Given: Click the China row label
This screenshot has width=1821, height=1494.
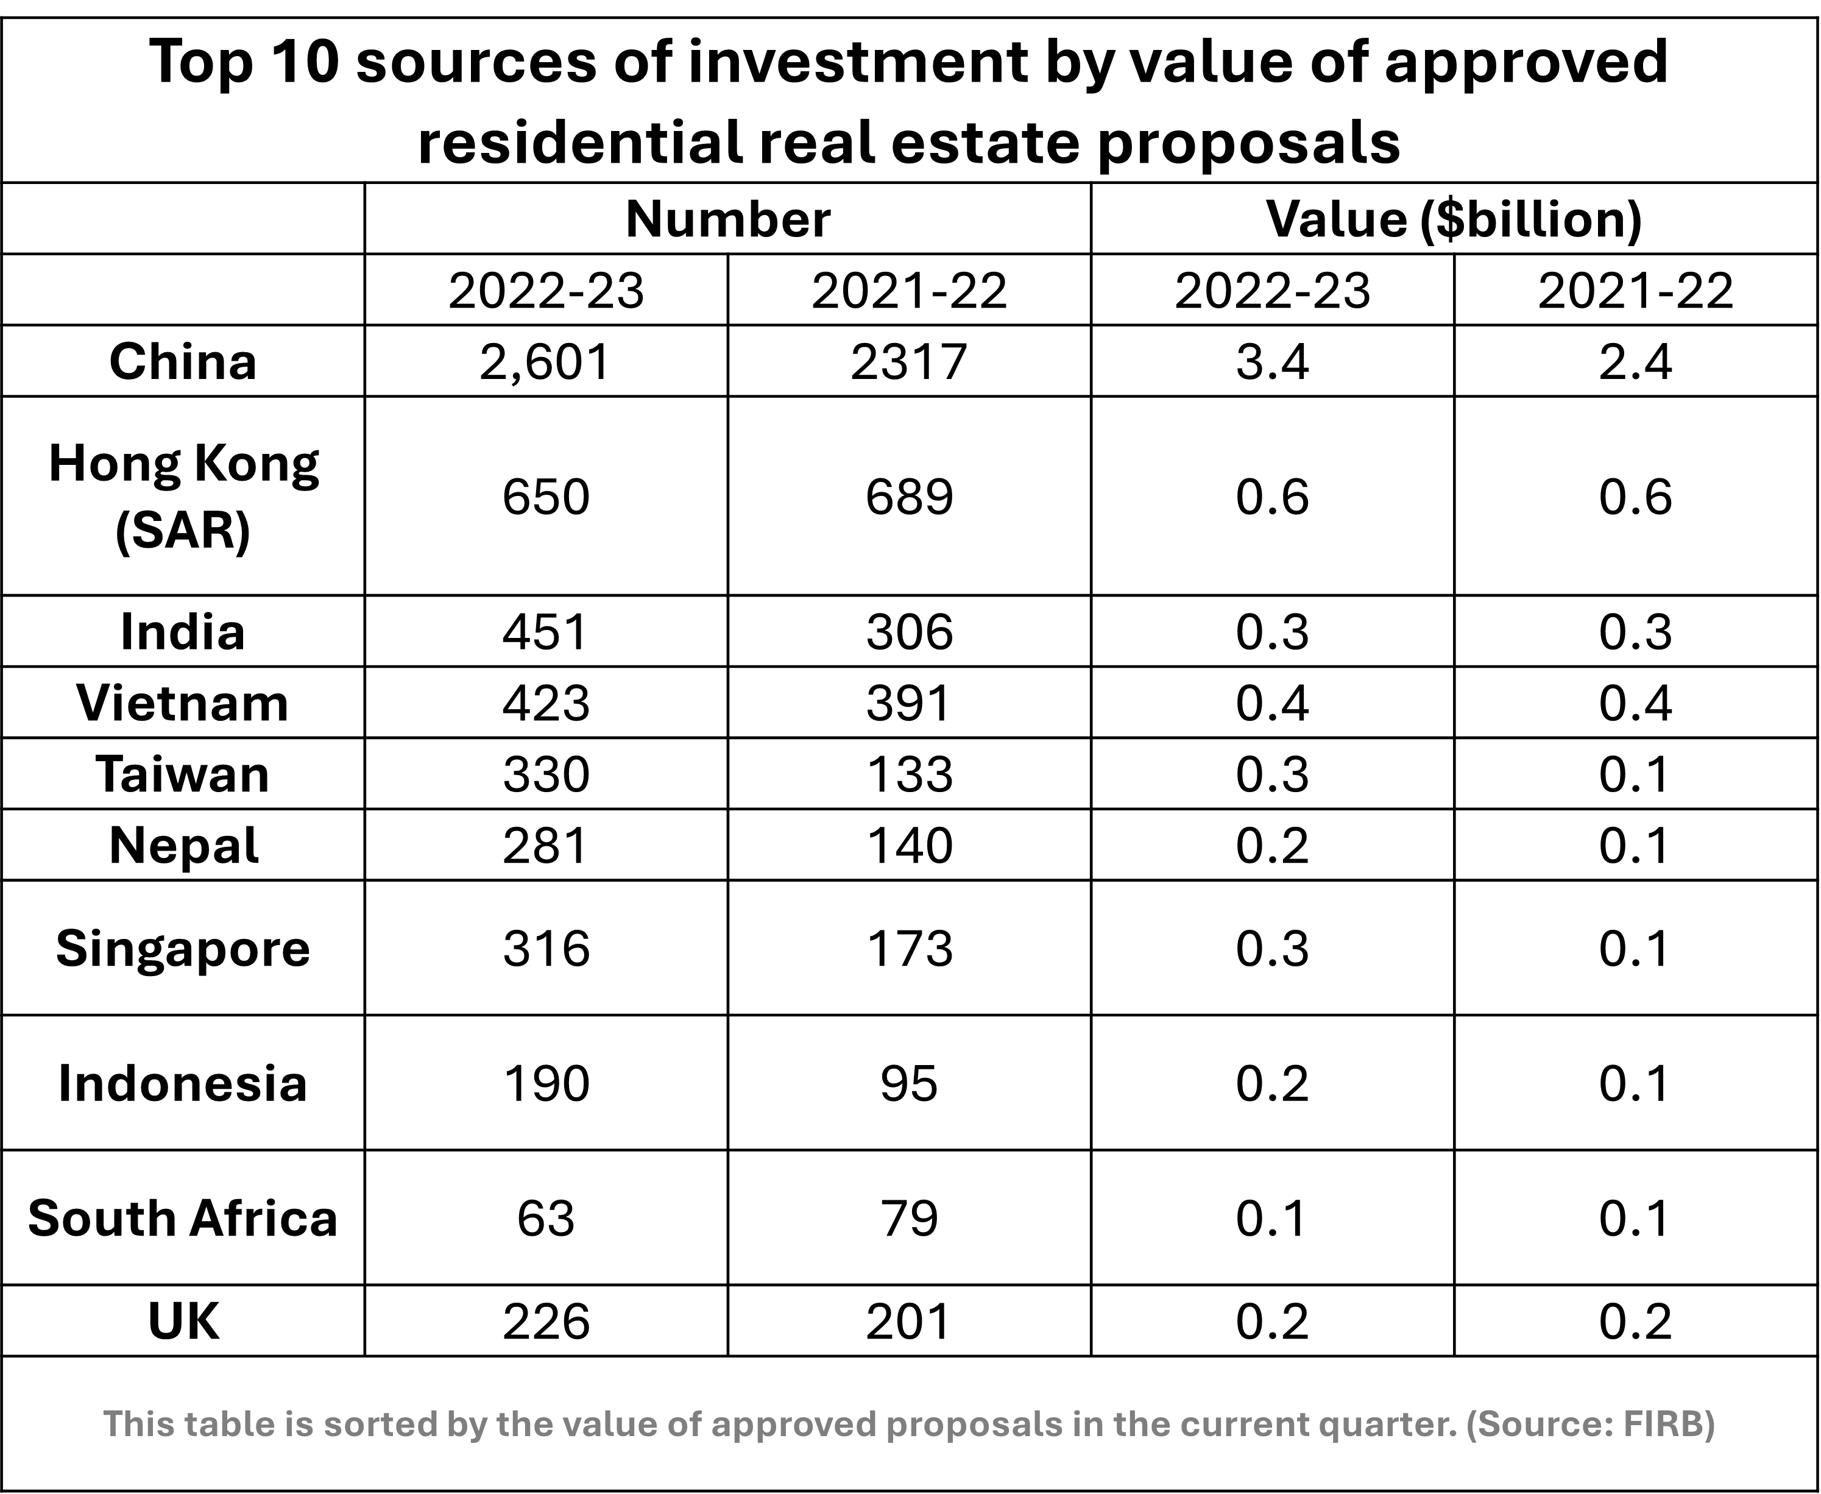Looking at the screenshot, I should coord(182,361).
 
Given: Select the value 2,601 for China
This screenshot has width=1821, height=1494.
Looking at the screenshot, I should coord(546,361).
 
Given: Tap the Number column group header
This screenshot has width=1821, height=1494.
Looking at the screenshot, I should coord(728,219).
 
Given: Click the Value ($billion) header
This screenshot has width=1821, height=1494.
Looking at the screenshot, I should coord(1454,219).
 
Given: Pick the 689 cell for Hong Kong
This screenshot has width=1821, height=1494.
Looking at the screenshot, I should coord(910,497).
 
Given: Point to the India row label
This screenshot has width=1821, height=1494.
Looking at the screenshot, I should coord(182,632).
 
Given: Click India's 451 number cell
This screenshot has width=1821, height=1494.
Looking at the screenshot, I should coord(546,632).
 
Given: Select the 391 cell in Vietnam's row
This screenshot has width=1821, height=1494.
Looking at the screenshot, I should coord(910,703).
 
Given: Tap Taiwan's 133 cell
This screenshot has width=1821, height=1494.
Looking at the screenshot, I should coord(910,774).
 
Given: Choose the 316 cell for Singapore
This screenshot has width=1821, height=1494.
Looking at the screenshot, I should coord(546,949).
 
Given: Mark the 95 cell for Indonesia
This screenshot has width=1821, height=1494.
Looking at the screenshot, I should coord(910,1083).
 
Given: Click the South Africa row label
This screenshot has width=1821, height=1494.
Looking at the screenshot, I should coord(182,1219).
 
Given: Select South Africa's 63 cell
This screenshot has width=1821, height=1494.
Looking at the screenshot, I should coord(546,1219).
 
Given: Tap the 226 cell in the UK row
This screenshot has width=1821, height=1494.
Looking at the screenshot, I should coord(546,1321).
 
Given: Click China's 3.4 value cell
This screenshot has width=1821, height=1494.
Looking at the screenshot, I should coord(1273,361).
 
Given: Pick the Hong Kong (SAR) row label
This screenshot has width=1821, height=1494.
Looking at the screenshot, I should coord(182,497).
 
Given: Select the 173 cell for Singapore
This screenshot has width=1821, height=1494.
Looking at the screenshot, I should coord(910,949).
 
